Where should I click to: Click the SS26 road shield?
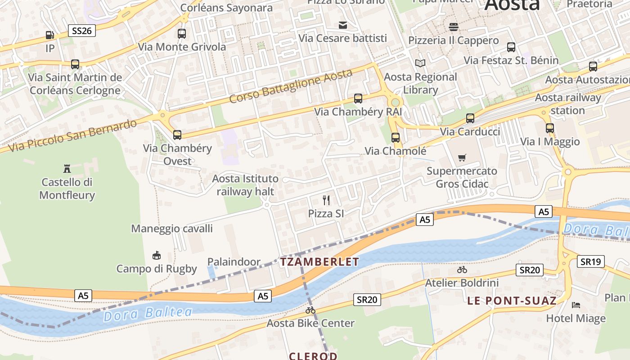pos(82,31)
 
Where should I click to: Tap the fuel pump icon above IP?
pos(50,35)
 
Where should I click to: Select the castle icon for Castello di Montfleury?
pos(67,169)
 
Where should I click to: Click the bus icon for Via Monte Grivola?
pos(182,33)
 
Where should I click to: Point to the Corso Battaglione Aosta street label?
pos(290,85)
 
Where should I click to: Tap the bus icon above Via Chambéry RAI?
pos(358,98)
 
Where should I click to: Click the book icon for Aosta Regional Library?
pos(420,63)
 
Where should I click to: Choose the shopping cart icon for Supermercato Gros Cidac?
pos(462,157)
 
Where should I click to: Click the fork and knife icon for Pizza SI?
pos(326,200)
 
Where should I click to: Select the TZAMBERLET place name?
pos(319,261)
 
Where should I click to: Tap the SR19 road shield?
pos(591,261)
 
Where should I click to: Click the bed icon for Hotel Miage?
pos(576,305)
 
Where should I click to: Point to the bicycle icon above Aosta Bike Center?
pos(310,310)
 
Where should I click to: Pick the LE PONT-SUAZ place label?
pos(512,301)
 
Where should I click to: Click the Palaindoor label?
pos(234,261)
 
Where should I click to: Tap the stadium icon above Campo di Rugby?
pos(157,255)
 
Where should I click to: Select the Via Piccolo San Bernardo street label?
pos(72,135)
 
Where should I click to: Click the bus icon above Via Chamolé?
pos(396,137)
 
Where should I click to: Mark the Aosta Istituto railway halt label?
pos(245,185)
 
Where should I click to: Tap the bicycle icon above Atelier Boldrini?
pos(462,270)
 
